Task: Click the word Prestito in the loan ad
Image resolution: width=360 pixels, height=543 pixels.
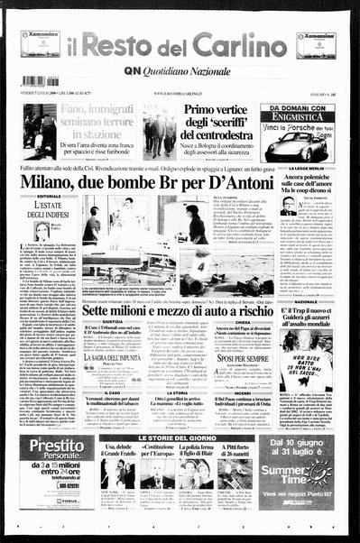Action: pyautogui.click(x=57, y=448)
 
